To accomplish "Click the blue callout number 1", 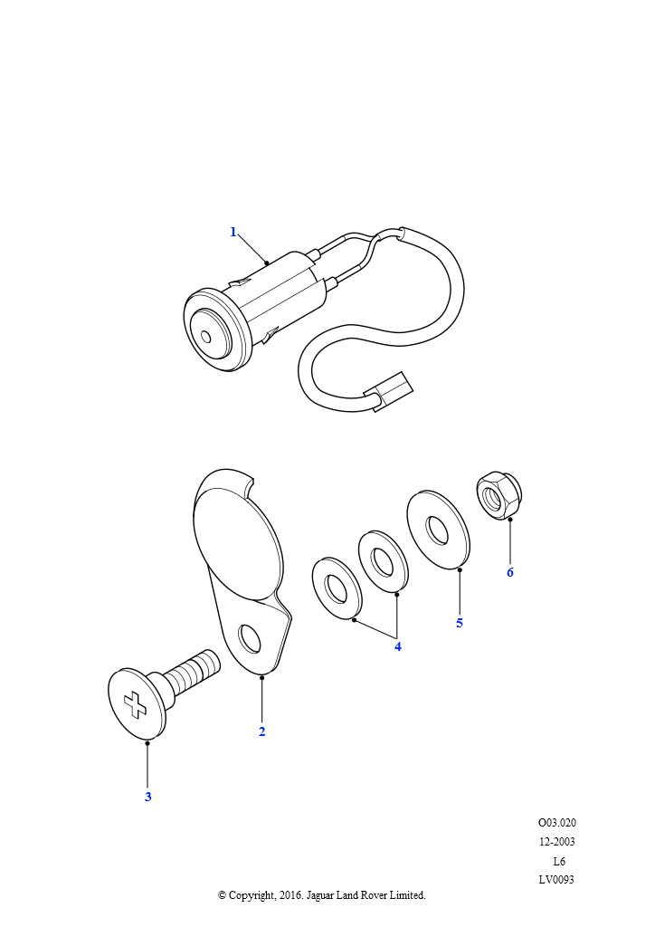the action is click(233, 232).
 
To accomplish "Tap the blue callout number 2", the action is click(261, 731).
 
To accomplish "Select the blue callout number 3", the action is click(148, 797).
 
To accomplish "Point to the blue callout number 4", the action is click(397, 646).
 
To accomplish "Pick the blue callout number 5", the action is click(460, 623).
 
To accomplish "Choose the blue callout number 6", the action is click(510, 572).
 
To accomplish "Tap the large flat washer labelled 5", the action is click(438, 529).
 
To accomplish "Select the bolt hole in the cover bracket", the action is click(249, 638).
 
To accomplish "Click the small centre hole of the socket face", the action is click(205, 337).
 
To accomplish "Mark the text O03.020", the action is click(557, 822).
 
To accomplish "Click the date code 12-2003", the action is click(557, 841).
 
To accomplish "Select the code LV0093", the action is click(556, 879).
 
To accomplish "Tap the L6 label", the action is click(559, 861).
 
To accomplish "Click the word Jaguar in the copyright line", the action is click(321, 895).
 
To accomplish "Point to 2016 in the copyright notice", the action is click(291, 895).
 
